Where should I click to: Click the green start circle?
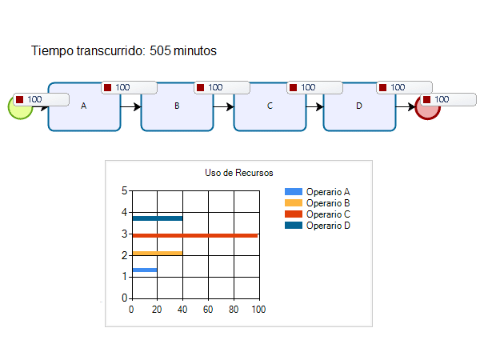point(19,107)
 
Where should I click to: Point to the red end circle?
point(428,107)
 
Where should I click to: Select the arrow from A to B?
point(130,106)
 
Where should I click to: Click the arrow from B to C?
point(223,106)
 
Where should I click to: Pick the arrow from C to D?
point(314,106)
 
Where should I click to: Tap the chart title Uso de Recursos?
point(239,173)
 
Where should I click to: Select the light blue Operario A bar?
point(144,270)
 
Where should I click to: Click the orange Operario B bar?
point(157,253)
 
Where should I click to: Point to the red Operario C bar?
point(194,235)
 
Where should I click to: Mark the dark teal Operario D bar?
point(157,218)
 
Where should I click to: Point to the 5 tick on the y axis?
point(124,190)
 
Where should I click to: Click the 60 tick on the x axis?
point(207,309)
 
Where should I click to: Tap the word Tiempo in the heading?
point(51,51)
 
